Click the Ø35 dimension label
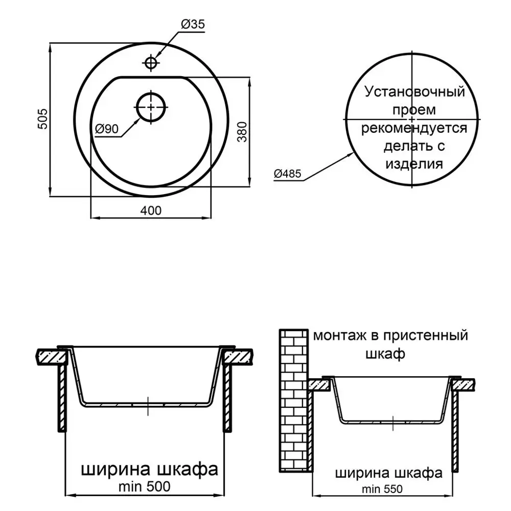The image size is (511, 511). pyautogui.click(x=193, y=24)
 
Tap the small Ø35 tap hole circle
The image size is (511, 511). pyautogui.click(x=151, y=62)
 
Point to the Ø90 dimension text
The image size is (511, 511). pyautogui.click(x=107, y=129)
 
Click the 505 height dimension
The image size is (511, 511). pyautogui.click(x=43, y=119)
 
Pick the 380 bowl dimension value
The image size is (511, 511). pyautogui.click(x=242, y=132)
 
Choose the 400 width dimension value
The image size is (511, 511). pyautogui.click(x=151, y=211)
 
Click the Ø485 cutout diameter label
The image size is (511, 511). pyautogui.click(x=287, y=174)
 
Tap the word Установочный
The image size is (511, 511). pyautogui.click(x=414, y=92)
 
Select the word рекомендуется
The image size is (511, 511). pyautogui.click(x=414, y=128)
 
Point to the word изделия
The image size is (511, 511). pyautogui.click(x=414, y=164)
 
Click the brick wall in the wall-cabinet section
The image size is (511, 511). pyautogui.click(x=294, y=401)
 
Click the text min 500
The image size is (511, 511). pyautogui.click(x=145, y=486)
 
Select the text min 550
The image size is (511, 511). pyautogui.click(x=382, y=489)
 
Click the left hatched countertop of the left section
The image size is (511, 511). pyautogui.click(x=53, y=357)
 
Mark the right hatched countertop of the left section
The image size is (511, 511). pyautogui.click(x=237, y=357)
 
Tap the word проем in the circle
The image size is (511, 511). pyautogui.click(x=414, y=110)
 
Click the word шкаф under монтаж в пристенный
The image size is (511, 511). pyautogui.click(x=385, y=354)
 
